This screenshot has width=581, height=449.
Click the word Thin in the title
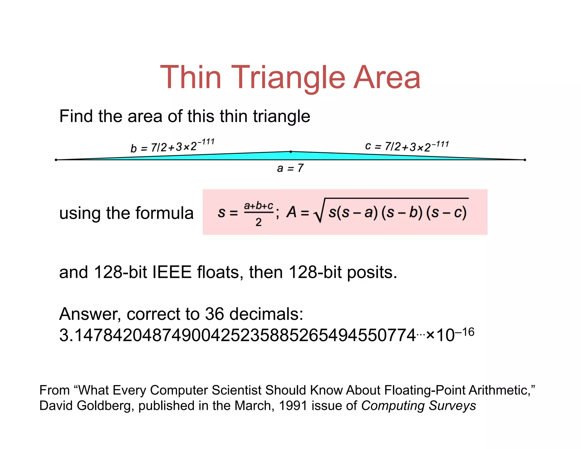(191, 77)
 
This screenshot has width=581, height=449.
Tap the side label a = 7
(290, 168)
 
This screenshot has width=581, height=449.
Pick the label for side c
(407, 146)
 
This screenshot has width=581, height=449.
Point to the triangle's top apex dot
(290, 152)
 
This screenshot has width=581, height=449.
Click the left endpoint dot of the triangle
(56, 160)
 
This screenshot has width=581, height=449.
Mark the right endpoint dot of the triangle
(525, 160)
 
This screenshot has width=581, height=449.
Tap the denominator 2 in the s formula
(258, 222)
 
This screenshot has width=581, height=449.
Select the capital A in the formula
(291, 212)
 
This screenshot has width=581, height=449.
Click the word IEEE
(172, 272)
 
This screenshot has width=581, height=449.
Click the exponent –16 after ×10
(465, 332)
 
